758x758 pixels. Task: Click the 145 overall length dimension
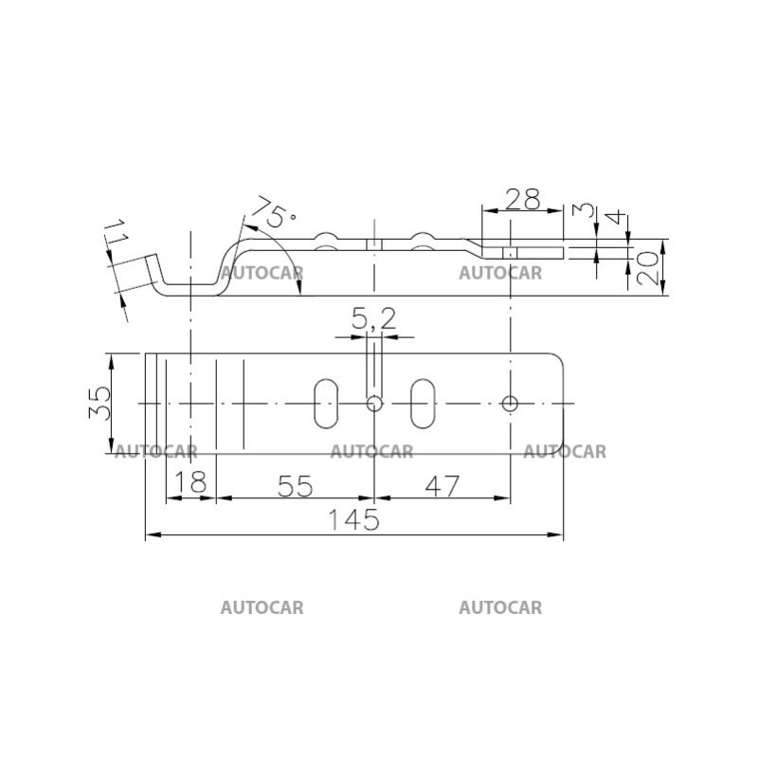pyautogui.click(x=353, y=519)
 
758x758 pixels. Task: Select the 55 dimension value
pyautogui.click(x=296, y=486)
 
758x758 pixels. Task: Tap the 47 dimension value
pyautogui.click(x=442, y=486)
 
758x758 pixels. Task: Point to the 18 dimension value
pyautogui.click(x=190, y=482)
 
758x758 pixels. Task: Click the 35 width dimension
pyautogui.click(x=100, y=403)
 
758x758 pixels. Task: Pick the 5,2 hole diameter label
pyautogui.click(x=373, y=318)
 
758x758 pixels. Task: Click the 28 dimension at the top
pyautogui.click(x=523, y=199)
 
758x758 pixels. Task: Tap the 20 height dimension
pyautogui.click(x=648, y=268)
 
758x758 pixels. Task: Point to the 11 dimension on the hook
pyautogui.click(x=116, y=233)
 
